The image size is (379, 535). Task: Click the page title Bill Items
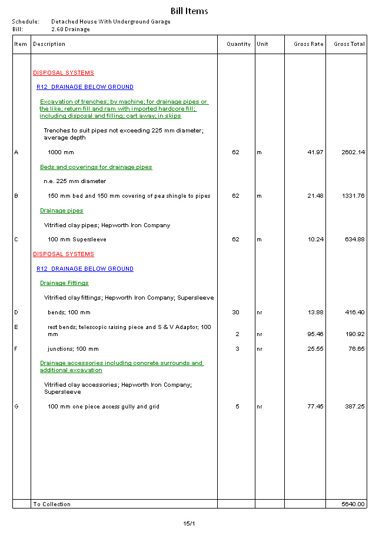pos(189,11)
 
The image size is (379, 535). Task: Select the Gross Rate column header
pos(308,44)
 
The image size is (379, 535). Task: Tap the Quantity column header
pos(238,44)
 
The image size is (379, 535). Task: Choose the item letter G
pos(16,407)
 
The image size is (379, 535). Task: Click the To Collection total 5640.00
pos(353,504)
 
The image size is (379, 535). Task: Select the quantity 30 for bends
pos(235,313)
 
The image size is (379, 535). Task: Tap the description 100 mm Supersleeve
pos(77,240)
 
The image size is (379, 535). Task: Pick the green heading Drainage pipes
pos(61,211)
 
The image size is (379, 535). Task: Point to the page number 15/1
pos(189,523)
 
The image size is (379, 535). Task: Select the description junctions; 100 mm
pos(73,349)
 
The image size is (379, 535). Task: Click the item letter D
pos(16,313)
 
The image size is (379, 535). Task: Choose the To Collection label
pos(52,504)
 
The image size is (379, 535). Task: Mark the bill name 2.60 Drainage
pos(71,29)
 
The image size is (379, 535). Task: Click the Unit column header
pos(262,44)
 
